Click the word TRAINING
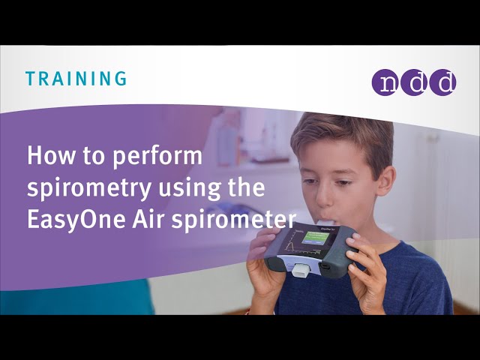click(x=76, y=78)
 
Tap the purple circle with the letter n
click(x=385, y=82)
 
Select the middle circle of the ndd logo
click(x=414, y=82)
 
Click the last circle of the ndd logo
click(x=442, y=82)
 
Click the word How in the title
click(x=49, y=157)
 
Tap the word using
click(x=187, y=189)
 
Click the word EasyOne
click(x=77, y=220)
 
